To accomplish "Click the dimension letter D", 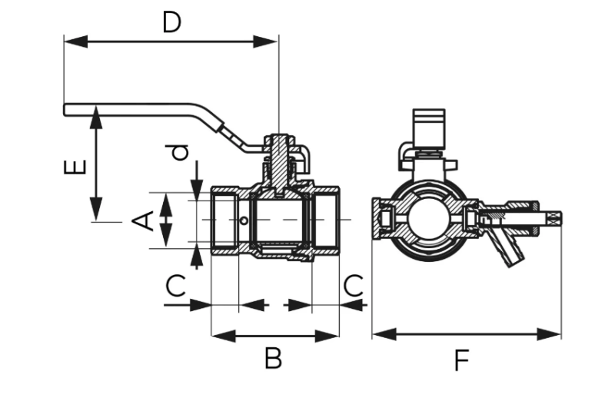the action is (171, 22).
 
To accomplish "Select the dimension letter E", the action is (75, 167).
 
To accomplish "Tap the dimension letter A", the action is (143, 220).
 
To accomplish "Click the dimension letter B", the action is (273, 358).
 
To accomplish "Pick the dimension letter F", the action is (462, 360).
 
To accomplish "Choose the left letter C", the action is (175, 285).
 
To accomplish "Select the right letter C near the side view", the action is (353, 285).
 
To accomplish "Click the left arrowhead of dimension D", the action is (76, 41).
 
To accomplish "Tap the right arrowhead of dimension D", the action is (266, 41).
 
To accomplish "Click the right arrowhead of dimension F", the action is (549, 334).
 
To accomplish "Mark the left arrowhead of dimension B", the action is (224, 336).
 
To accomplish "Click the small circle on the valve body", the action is (244, 221).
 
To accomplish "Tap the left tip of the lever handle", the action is (65, 110).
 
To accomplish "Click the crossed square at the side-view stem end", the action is (555, 219).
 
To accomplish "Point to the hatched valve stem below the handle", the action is (279, 164).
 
